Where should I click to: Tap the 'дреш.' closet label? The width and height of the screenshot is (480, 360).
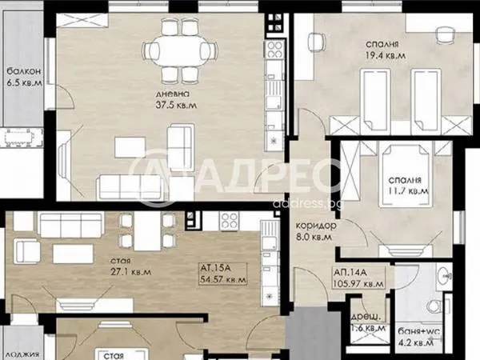[366, 317]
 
